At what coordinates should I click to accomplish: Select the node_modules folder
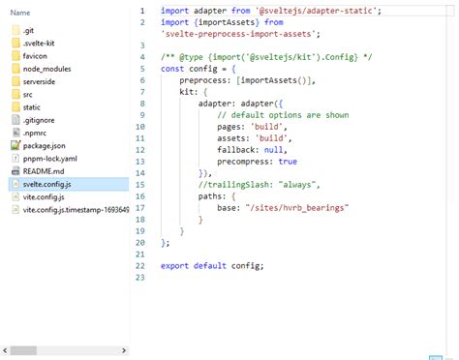pyautogui.click(x=46, y=69)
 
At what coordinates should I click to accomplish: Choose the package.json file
pyautogui.click(x=43, y=144)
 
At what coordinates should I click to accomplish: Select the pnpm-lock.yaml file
pyautogui.click(x=50, y=157)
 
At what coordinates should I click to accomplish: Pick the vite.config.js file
pyautogui.click(x=45, y=195)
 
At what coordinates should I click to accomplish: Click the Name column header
pyautogui.click(x=20, y=12)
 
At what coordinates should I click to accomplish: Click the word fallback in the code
pyautogui.click(x=236, y=150)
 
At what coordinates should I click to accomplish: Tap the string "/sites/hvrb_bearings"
pyautogui.click(x=296, y=208)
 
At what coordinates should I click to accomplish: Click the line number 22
pyautogui.click(x=140, y=265)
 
